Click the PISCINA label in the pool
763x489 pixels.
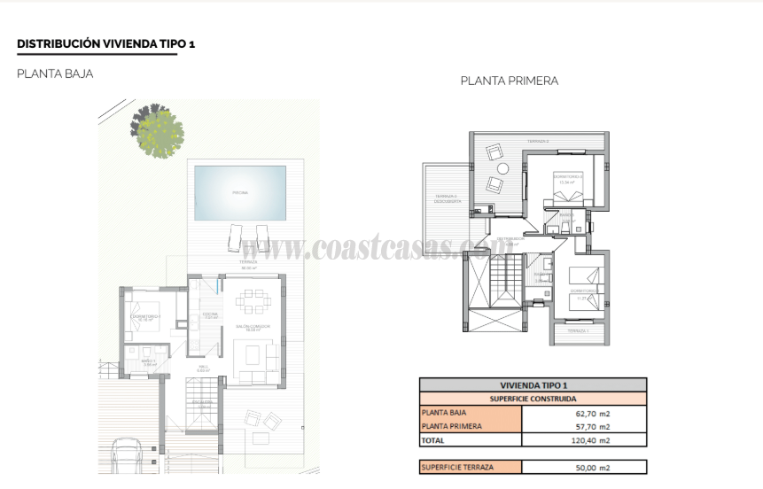pos(240,192)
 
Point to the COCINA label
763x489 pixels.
pos(211,314)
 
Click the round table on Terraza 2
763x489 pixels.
pos(502,168)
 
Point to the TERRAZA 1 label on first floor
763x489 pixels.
pos(578,330)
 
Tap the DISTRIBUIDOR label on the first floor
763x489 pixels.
pos(512,239)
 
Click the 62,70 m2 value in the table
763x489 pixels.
pos(594,413)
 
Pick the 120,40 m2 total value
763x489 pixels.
pos(594,439)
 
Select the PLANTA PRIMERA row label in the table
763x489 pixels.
pos(452,426)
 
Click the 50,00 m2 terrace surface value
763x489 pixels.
pos(594,467)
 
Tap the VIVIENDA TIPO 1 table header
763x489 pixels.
pos(533,385)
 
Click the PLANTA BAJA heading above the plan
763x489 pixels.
pos(55,74)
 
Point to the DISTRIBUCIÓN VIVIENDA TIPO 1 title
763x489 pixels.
pos(105,43)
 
